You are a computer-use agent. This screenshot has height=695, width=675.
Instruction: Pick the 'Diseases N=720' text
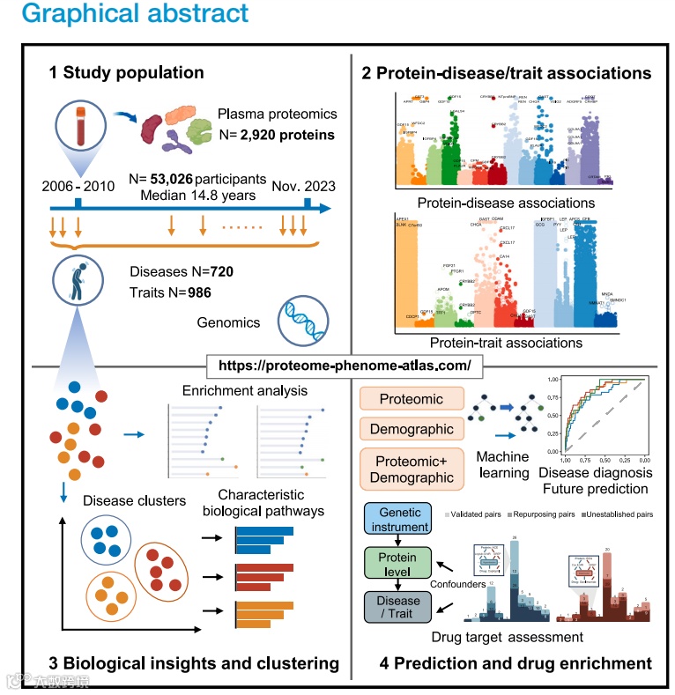coord(181,271)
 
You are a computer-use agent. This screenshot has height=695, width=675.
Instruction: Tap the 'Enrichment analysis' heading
coord(243,390)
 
